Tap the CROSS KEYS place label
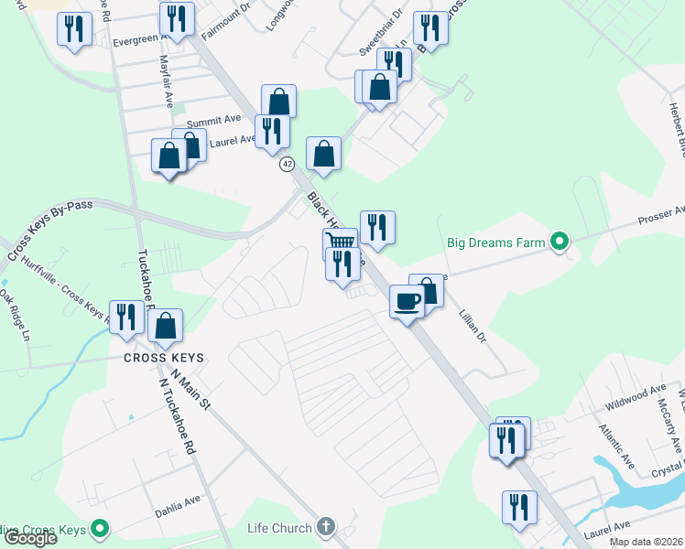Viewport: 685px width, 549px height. pos(164,358)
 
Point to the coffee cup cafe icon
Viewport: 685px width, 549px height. pos(407,300)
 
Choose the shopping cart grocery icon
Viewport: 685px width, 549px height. pos(340,242)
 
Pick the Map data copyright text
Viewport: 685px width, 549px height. pos(647,542)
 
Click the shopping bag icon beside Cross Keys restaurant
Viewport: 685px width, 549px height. pos(166,325)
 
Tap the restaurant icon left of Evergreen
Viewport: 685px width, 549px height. pos(75,28)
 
